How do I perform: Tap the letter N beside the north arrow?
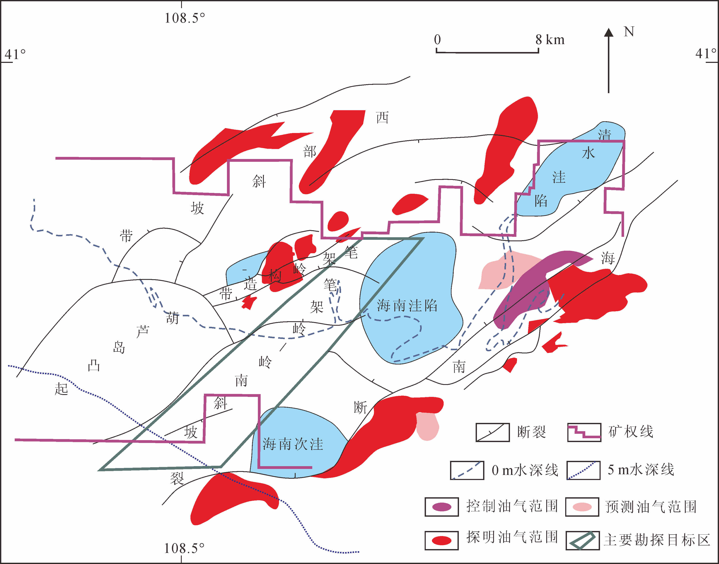(629, 32)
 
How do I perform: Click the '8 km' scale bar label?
(550, 40)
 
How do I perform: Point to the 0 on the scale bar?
(437, 40)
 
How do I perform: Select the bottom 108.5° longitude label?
(184, 548)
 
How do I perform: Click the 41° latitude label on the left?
(15, 54)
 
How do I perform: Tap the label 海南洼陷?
(407, 306)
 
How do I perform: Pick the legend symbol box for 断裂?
(492, 432)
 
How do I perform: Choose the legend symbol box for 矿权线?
(584, 432)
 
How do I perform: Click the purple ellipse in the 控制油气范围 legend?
(442, 507)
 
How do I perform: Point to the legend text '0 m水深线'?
(525, 470)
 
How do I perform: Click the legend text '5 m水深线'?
(641, 470)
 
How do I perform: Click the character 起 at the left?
(61, 389)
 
